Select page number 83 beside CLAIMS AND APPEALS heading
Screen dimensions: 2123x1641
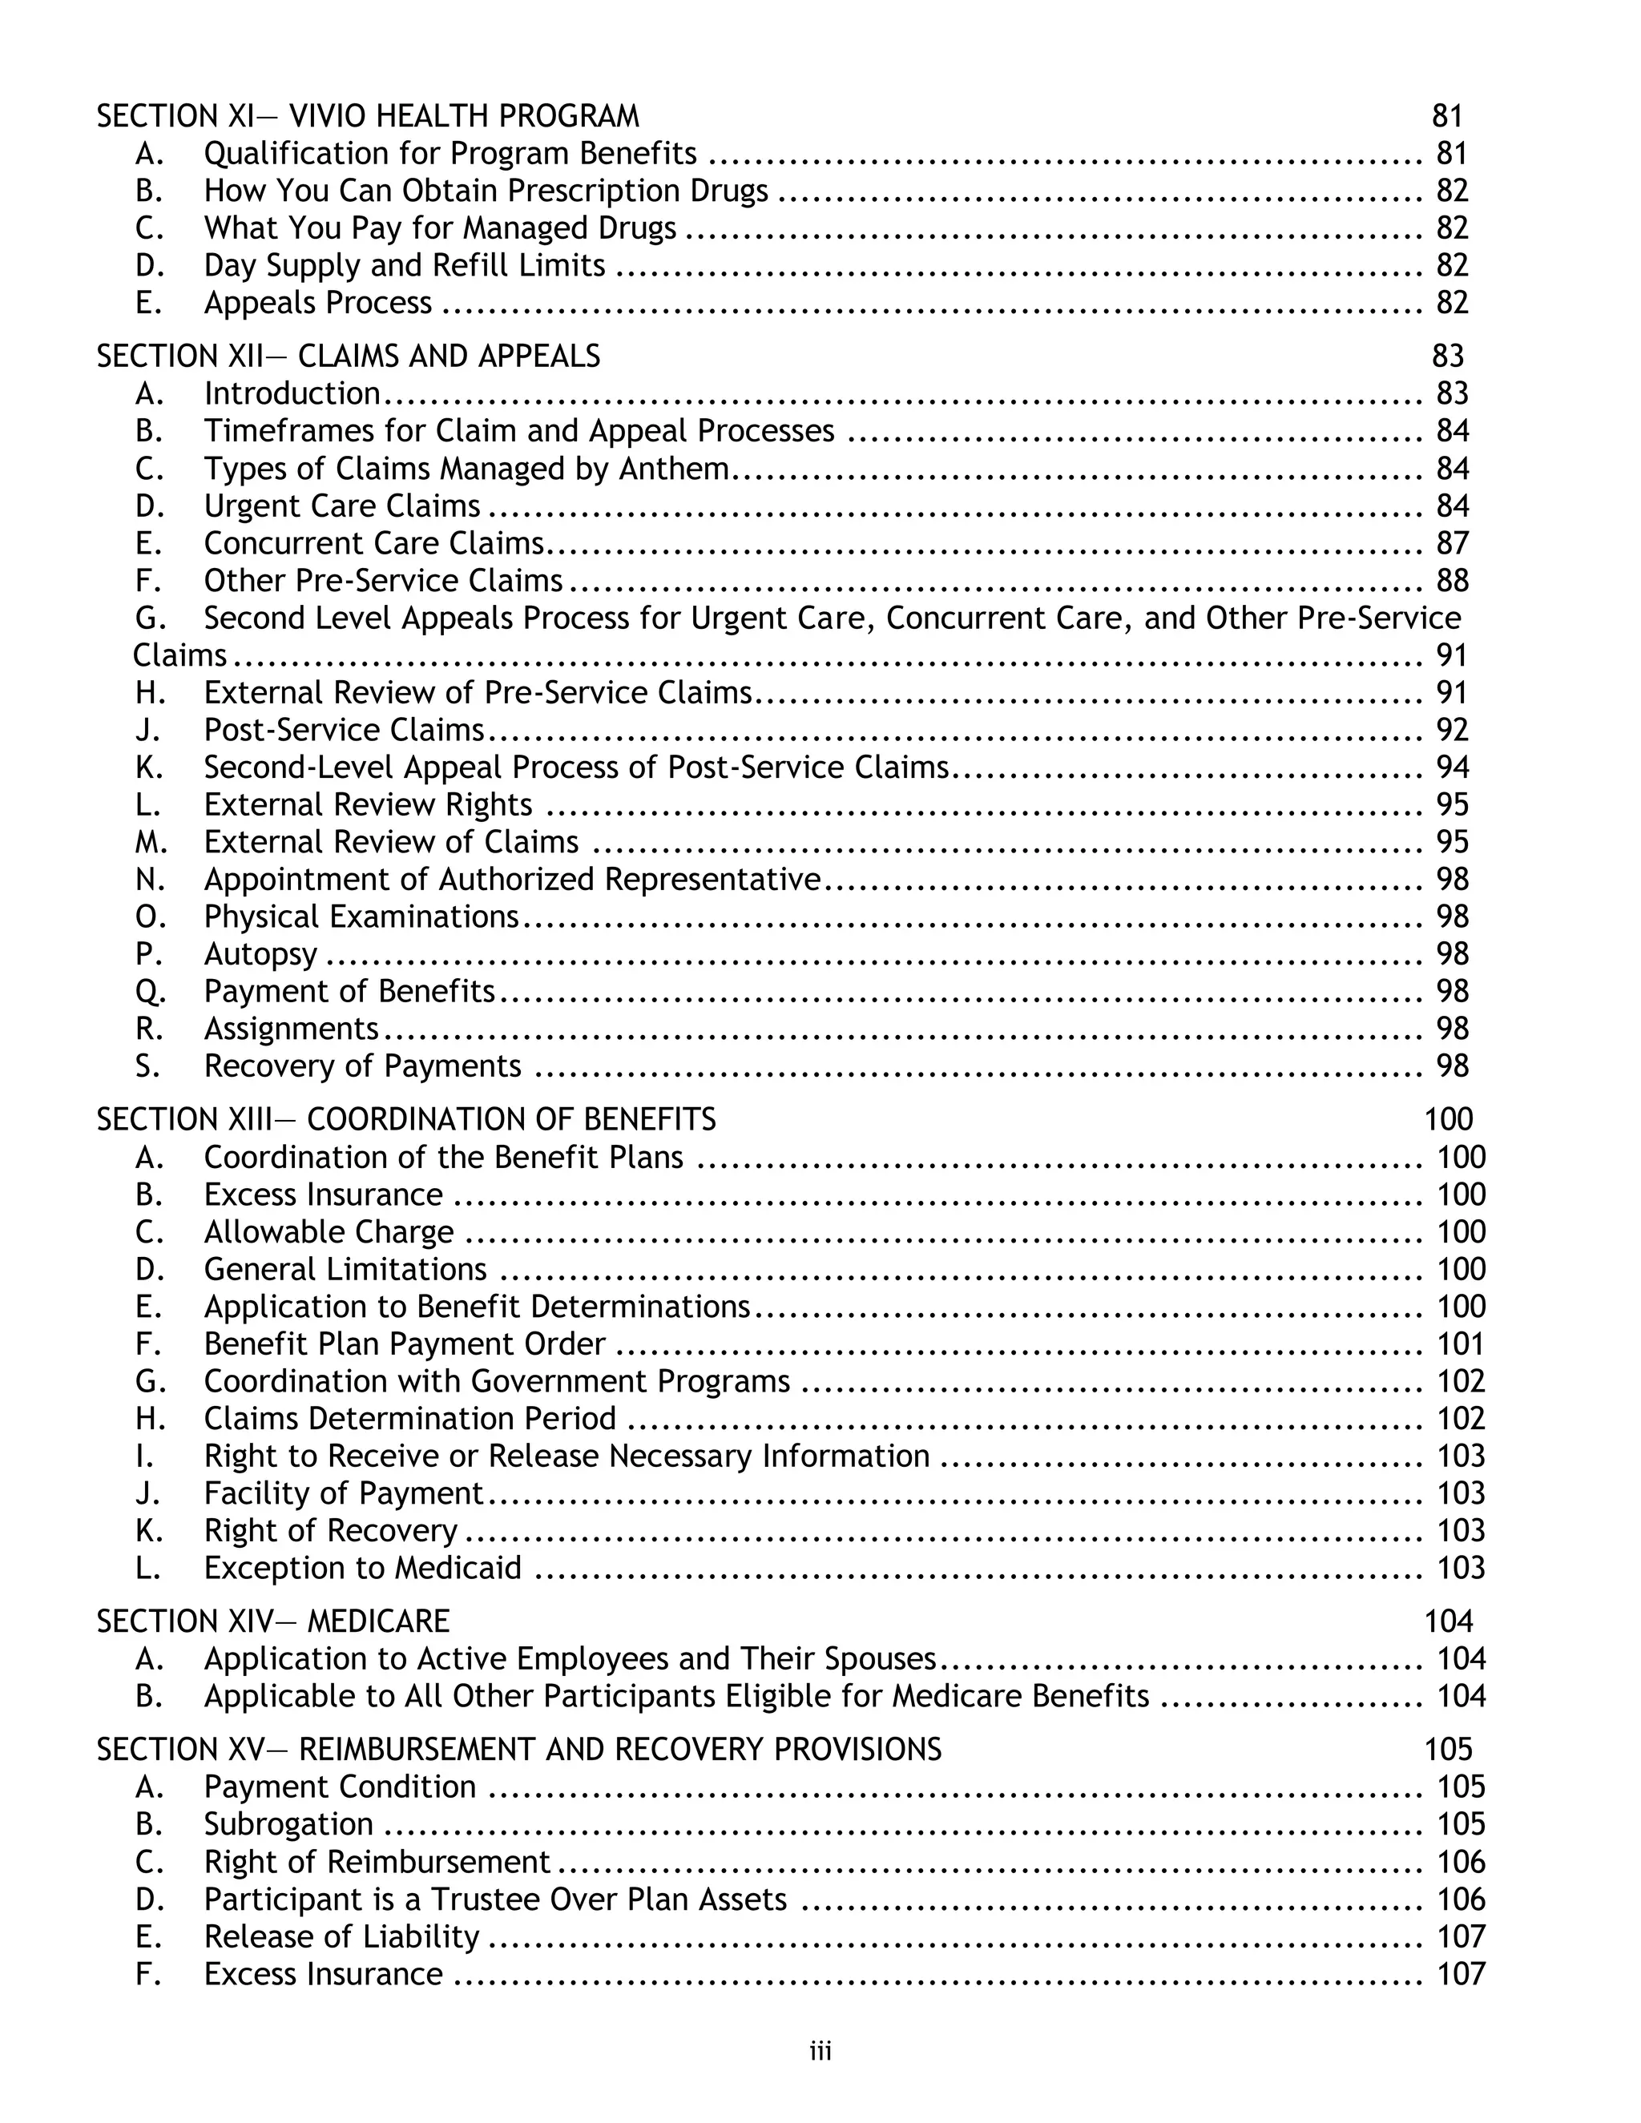pyautogui.click(x=1448, y=356)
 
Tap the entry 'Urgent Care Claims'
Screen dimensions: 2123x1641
pyautogui.click(x=341, y=506)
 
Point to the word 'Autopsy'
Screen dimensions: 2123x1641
pyautogui.click(x=260, y=955)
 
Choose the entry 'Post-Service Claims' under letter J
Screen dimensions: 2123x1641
pyautogui.click(x=343, y=729)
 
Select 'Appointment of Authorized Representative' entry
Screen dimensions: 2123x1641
pyautogui.click(x=511, y=879)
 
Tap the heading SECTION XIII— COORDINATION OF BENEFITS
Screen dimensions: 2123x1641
pyautogui.click(x=405, y=1119)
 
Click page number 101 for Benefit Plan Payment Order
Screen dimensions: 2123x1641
pyautogui.click(x=1460, y=1343)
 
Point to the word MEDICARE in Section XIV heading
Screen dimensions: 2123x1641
pyautogui.click(x=378, y=1621)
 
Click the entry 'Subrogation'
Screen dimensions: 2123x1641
pyautogui.click(x=288, y=1823)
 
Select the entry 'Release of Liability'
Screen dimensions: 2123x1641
pyautogui.click(x=341, y=1936)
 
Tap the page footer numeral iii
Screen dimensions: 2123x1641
pyautogui.click(x=820, y=2051)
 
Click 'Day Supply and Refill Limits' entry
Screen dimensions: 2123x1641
pyautogui.click(x=404, y=265)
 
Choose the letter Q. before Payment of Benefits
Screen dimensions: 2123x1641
pyautogui.click(x=151, y=992)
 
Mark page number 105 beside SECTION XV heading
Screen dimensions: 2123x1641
pyautogui.click(x=1449, y=1749)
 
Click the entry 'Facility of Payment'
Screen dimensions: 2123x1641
pyautogui.click(x=342, y=1493)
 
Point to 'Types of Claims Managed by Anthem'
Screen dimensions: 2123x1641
pyautogui.click(x=466, y=469)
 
